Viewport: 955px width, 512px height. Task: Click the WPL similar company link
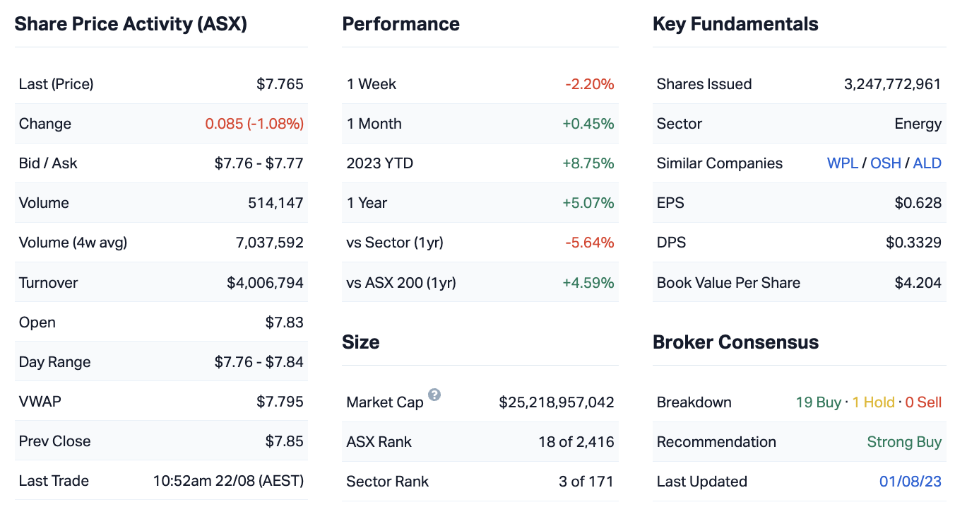click(842, 163)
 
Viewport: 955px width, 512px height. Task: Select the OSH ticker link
click(885, 163)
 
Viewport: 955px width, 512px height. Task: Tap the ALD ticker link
click(927, 163)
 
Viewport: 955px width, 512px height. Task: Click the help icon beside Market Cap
click(434, 395)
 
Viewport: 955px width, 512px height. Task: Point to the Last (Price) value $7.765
click(280, 84)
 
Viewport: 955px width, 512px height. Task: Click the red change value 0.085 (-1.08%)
click(254, 124)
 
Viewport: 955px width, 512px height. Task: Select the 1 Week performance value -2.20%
click(589, 84)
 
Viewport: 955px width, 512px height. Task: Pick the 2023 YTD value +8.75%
click(588, 163)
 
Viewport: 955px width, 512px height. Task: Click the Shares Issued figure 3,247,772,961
click(892, 84)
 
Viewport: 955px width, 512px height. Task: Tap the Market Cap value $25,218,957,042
click(556, 402)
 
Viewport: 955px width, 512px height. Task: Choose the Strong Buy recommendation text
click(904, 442)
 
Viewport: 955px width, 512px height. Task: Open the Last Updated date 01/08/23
click(910, 482)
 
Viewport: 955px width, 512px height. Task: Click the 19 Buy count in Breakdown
click(818, 402)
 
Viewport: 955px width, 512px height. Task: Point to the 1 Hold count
click(873, 402)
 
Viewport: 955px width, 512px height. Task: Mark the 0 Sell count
click(923, 402)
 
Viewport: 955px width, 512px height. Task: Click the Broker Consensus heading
click(735, 342)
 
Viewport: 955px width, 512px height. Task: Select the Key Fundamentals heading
click(735, 24)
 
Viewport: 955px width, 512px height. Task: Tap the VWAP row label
click(40, 402)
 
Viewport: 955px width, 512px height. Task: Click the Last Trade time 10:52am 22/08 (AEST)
click(228, 481)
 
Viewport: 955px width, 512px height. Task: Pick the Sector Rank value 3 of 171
click(586, 482)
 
